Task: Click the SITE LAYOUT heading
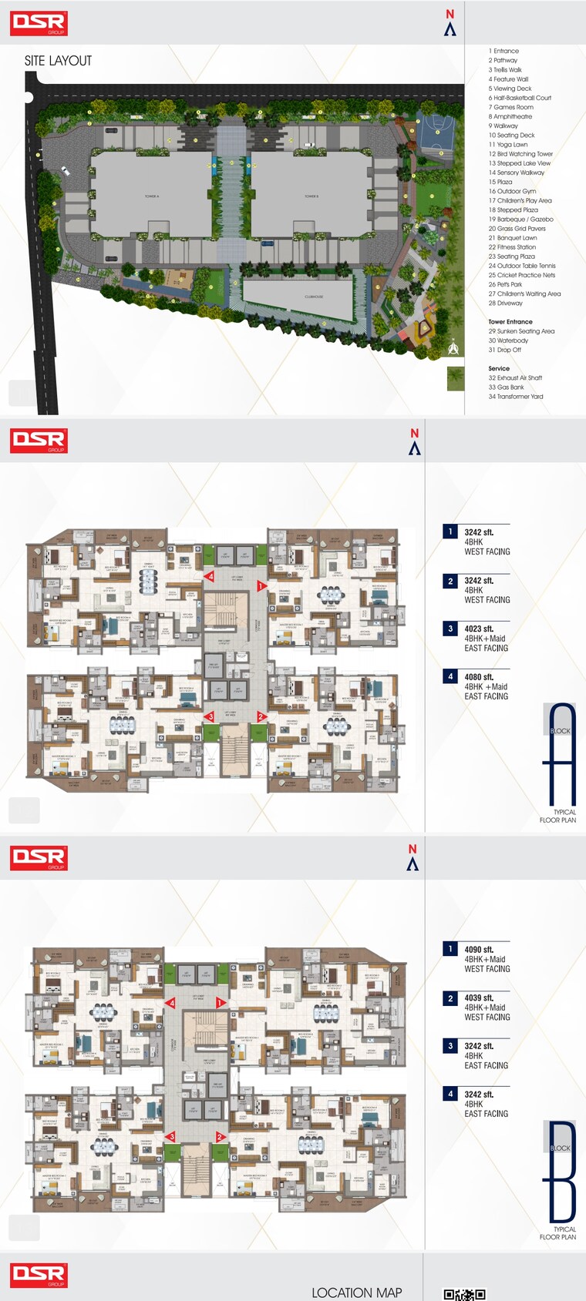58,61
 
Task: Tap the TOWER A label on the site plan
152,196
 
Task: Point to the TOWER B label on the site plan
311,196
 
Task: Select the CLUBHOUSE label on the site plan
314,297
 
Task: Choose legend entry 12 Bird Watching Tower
520,154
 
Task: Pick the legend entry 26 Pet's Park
505,284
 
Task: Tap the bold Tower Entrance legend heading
510,322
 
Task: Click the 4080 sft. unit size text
479,677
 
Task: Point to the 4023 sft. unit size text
479,629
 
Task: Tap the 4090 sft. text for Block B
479,950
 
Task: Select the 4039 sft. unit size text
479,998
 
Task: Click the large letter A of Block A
561,755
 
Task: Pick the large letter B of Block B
562,1172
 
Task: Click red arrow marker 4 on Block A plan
209,576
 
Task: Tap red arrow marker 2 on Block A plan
261,716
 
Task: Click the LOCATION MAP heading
356,1293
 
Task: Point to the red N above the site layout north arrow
450,14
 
